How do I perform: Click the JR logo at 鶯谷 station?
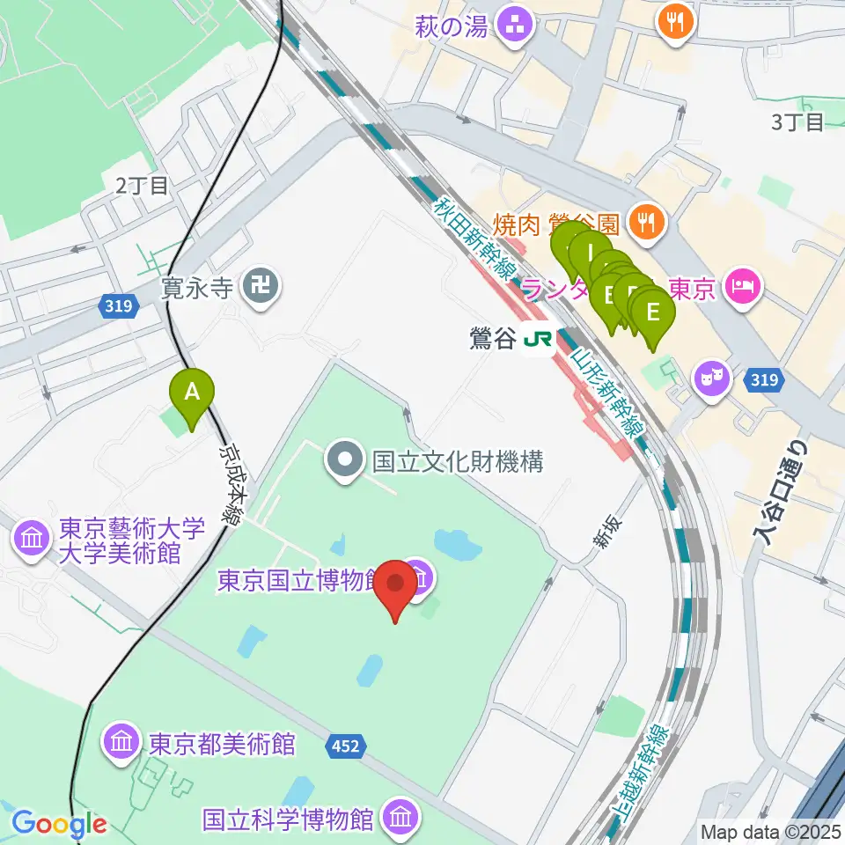click(x=534, y=337)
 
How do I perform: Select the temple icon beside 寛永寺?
click(x=261, y=286)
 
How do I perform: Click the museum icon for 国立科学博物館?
click(x=400, y=818)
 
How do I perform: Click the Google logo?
click(x=60, y=825)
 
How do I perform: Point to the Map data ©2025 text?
click(x=769, y=831)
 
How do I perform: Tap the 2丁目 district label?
click(x=141, y=185)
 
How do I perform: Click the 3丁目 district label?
click(x=797, y=122)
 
